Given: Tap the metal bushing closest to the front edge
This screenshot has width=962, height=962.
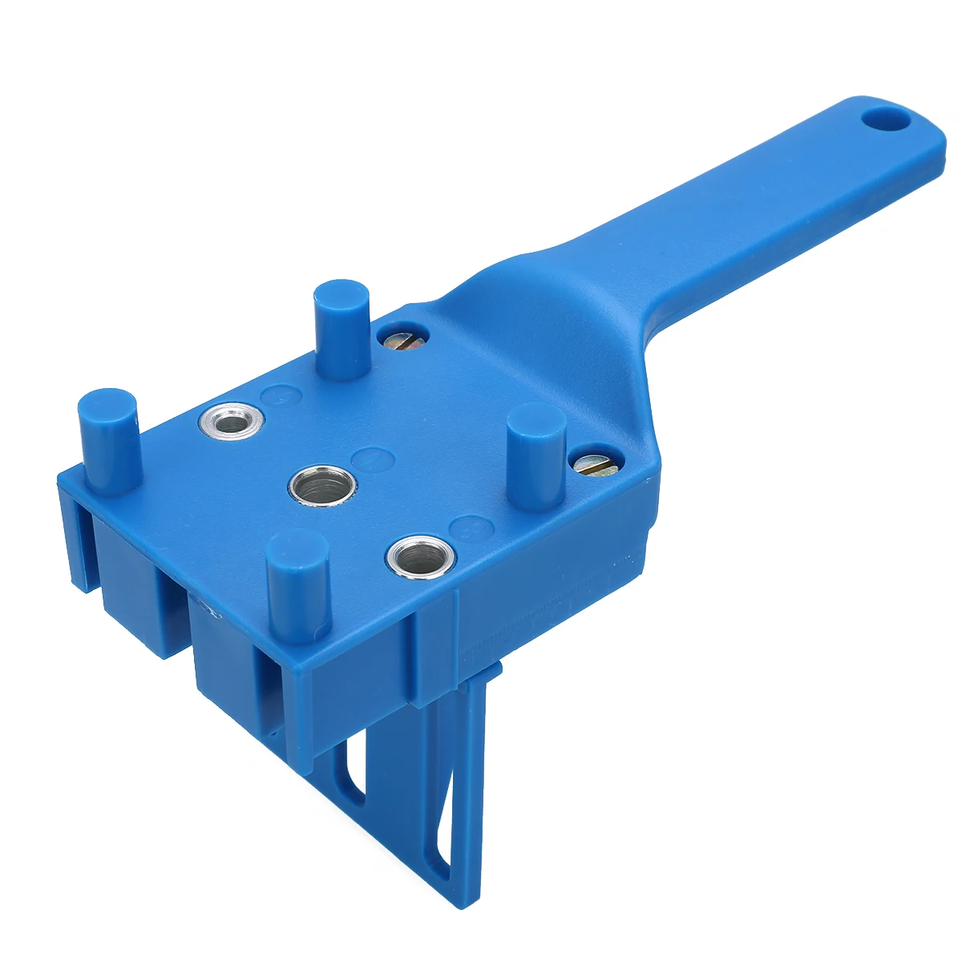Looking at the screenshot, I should (421, 556).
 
